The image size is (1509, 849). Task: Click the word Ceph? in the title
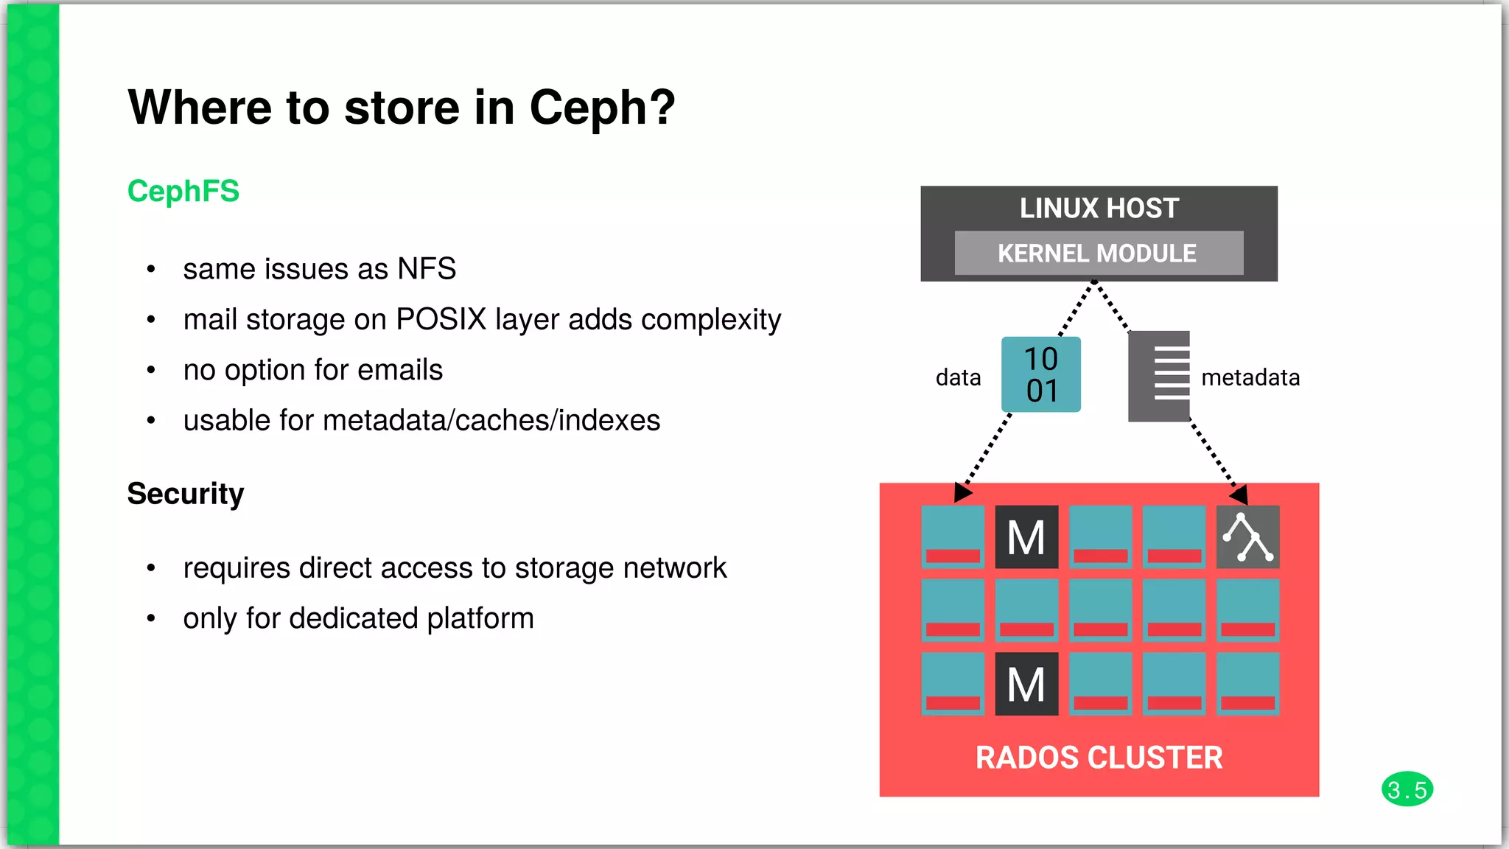tap(601, 108)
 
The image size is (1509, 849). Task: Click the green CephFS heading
tap(183, 191)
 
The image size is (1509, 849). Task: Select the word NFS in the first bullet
tap(427, 269)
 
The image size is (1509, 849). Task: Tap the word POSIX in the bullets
tap(441, 319)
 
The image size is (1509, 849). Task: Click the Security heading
tap(186, 493)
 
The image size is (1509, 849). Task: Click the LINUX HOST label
tap(1099, 209)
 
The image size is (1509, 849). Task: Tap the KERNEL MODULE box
tap(1098, 253)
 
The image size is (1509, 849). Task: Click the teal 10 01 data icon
tap(1040, 374)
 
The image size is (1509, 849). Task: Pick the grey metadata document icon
tap(1159, 376)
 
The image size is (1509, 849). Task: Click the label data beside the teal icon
tap(958, 377)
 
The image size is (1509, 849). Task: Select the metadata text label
tap(1250, 377)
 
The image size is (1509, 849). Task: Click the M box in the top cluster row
tap(1026, 537)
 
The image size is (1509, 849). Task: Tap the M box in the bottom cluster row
tap(1026, 684)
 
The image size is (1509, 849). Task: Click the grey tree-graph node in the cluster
tap(1247, 537)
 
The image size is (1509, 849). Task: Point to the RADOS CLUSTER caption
tap(1099, 758)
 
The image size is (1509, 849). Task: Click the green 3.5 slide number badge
tap(1407, 789)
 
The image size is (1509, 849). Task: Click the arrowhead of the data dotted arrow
tap(962, 492)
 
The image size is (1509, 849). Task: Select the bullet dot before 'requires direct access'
tap(151, 568)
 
